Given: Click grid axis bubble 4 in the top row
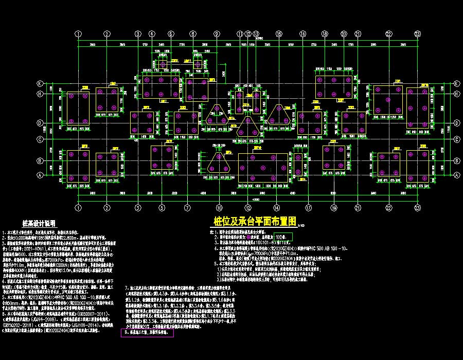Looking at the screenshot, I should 152,34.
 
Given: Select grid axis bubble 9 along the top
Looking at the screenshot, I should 217,34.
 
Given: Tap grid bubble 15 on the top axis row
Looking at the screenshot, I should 278,34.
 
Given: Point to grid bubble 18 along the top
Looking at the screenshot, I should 325,34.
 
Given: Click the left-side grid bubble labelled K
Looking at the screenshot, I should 39,83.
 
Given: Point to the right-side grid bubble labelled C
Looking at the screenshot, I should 456,139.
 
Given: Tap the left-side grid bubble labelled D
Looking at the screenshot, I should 39,123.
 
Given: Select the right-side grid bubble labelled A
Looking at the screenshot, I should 456,174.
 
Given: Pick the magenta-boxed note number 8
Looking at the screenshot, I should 123,333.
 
